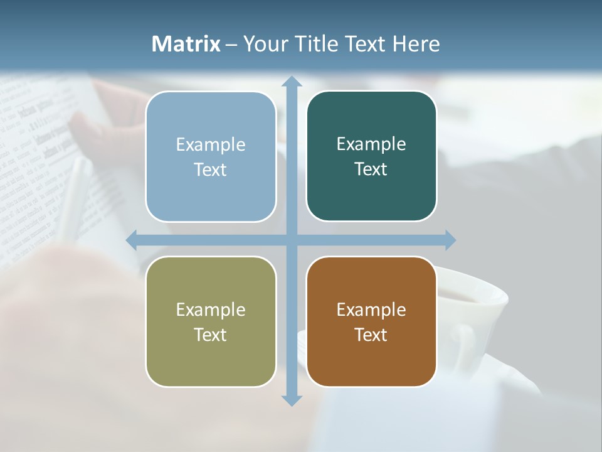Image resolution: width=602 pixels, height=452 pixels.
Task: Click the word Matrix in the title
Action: click(x=186, y=44)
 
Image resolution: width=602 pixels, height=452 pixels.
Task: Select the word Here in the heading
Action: click(x=416, y=44)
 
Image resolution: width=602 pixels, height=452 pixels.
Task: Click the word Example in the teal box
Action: click(x=371, y=144)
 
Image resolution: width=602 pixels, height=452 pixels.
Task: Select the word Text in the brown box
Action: click(x=371, y=335)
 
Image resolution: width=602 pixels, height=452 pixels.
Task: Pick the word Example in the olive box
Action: click(x=211, y=309)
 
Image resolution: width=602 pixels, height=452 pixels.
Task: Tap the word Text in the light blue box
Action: click(x=211, y=169)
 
